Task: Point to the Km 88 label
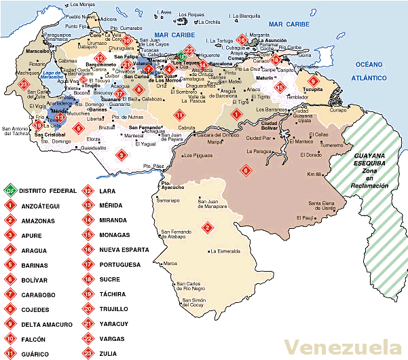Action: coord(314,175)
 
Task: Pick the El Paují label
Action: coord(305,217)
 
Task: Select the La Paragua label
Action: coord(259,151)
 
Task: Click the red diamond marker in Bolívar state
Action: coord(244,170)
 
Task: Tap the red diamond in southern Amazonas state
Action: coord(207,227)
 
